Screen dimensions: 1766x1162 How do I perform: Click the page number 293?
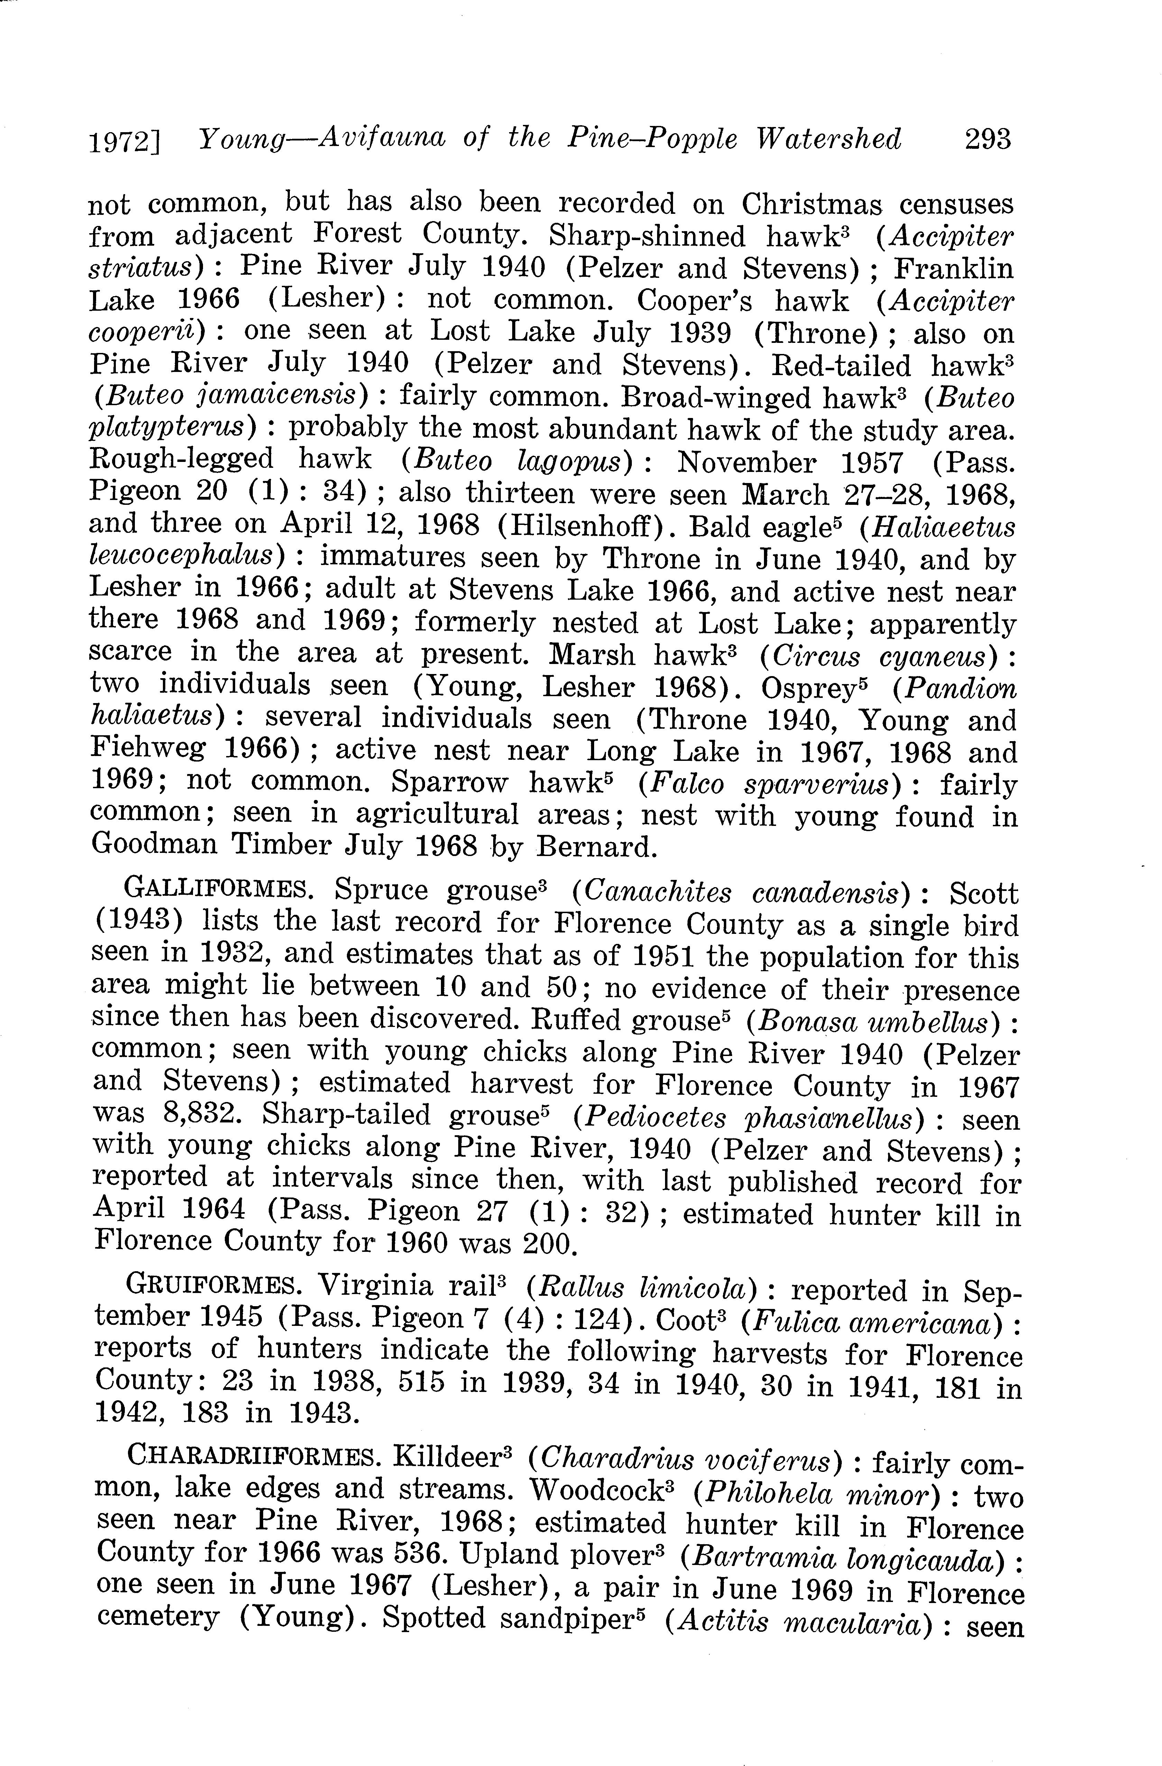click(x=988, y=139)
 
